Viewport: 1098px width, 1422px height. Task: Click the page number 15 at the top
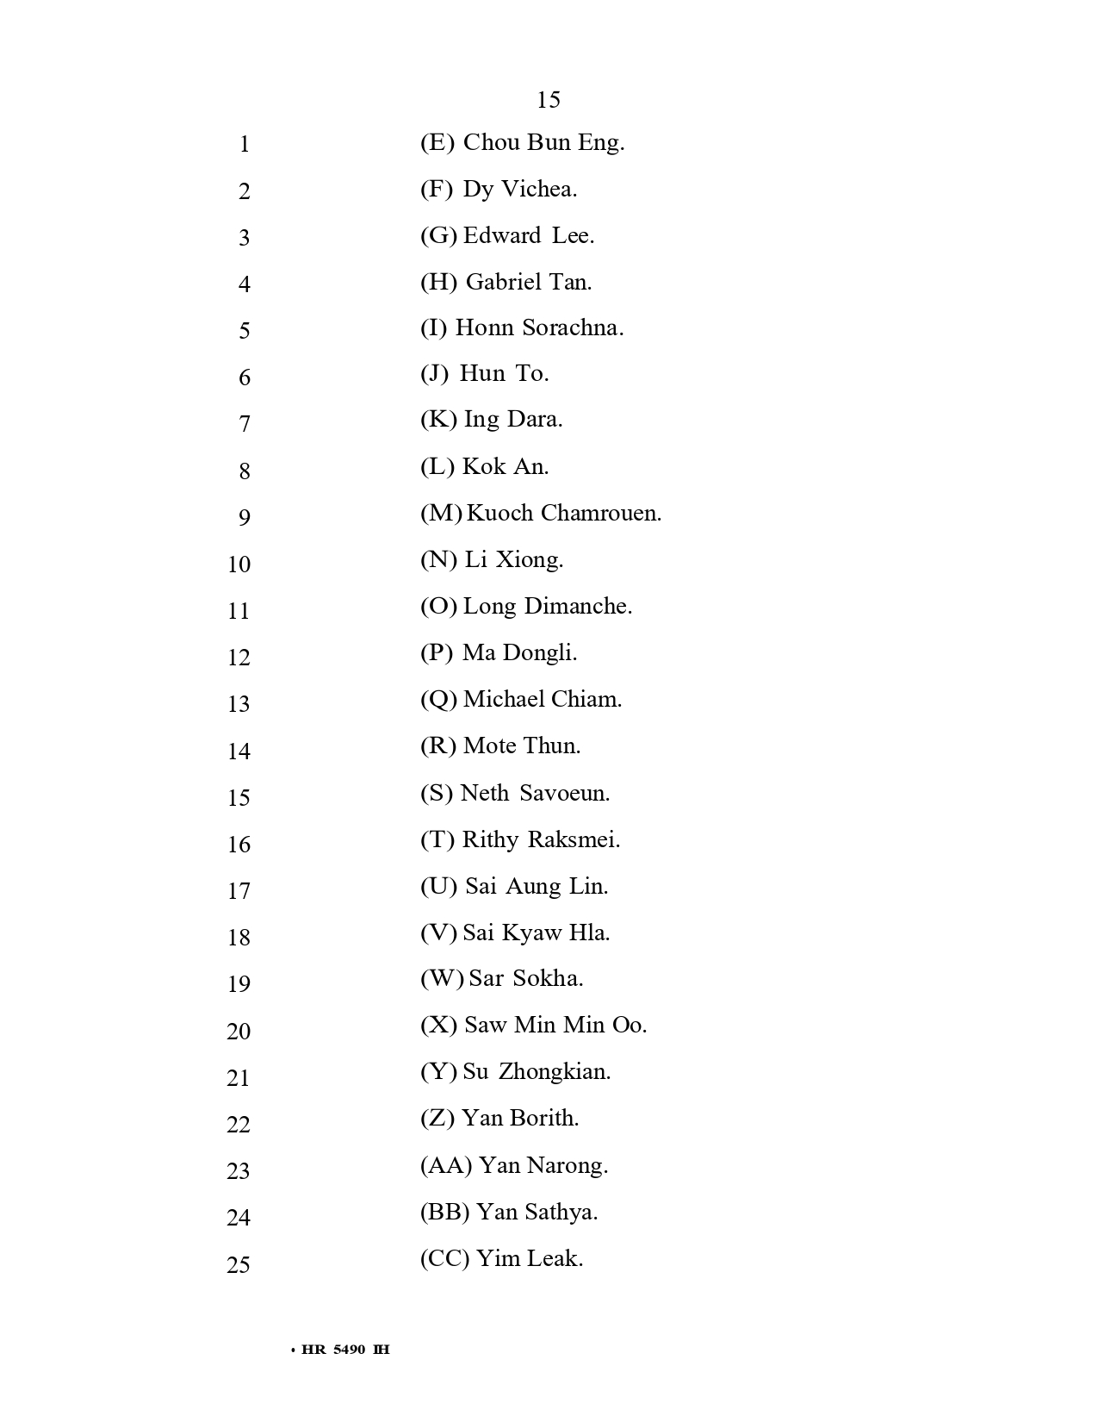coord(549,100)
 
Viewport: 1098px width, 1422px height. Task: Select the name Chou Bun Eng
coord(543,143)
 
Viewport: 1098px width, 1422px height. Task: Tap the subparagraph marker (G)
coord(438,236)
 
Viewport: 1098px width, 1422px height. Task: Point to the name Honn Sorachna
coord(539,328)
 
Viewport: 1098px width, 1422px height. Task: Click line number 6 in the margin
coord(245,377)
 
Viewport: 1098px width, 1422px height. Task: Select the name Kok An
coord(506,467)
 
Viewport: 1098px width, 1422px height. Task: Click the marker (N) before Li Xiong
coord(438,560)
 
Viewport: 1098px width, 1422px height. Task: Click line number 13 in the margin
coord(239,704)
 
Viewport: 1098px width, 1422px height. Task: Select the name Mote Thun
coord(522,746)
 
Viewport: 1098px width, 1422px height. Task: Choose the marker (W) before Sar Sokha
coord(442,979)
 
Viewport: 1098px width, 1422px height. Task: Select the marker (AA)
coord(446,1166)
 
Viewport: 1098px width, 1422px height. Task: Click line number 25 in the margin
coord(239,1265)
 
